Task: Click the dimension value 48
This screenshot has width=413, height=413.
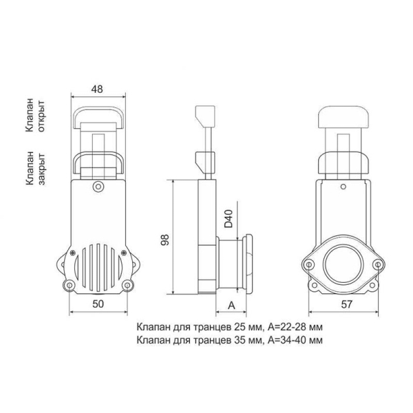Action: tap(97, 89)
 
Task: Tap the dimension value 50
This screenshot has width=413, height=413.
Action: tap(98, 304)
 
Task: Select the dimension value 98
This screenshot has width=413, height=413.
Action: tap(165, 240)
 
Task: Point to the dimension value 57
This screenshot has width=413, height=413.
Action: tap(346, 304)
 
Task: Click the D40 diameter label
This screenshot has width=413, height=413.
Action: tap(229, 218)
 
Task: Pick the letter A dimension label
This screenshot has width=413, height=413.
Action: tap(231, 306)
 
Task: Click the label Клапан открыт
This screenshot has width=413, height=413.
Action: tap(35, 115)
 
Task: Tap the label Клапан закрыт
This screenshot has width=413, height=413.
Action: tap(35, 168)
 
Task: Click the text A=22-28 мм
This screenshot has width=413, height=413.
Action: tap(295, 327)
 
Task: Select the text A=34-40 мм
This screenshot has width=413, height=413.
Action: tap(295, 340)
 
